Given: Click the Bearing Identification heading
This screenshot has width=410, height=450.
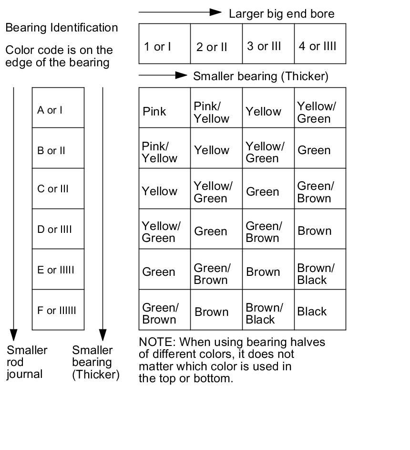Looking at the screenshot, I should point(61,28).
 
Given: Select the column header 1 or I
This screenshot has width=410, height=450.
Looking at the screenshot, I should point(157,46).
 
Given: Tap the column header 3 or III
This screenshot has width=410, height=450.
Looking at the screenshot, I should point(264,46).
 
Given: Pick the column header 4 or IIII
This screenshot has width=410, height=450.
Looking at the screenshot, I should point(318,46).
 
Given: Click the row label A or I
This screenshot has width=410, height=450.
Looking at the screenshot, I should point(50,110).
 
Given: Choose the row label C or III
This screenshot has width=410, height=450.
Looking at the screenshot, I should point(53,188).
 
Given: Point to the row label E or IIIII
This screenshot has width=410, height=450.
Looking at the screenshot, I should point(56,270).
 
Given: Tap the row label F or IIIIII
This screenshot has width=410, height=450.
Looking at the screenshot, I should point(57,311).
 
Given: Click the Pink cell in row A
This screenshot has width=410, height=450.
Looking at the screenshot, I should point(154,112).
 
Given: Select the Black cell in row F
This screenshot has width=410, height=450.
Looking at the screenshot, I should point(312,312).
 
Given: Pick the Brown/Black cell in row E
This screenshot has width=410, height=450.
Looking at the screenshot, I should point(316,274).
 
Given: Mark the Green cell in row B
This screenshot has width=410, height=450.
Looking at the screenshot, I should point(314,150).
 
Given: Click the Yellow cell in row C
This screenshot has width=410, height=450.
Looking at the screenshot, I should point(159,191).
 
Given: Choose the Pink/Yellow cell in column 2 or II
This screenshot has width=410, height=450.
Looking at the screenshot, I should point(211,112).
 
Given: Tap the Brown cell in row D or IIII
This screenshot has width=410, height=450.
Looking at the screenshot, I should point(314,231).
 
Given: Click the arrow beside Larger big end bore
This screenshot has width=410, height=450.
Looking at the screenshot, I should point(180,12).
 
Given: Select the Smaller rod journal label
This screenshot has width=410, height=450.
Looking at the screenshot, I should point(27,362).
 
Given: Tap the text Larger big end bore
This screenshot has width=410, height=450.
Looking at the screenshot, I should point(281,14).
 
